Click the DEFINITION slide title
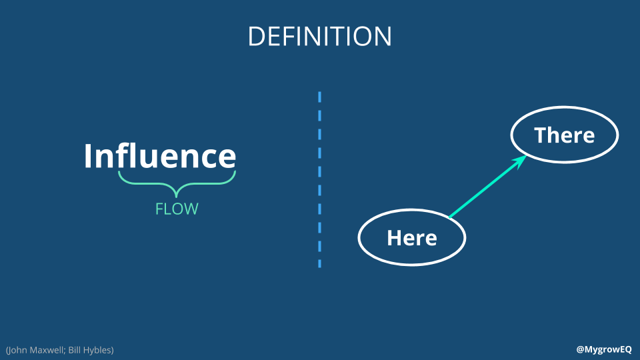click(x=319, y=36)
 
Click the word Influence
click(x=160, y=155)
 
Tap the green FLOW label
click(x=177, y=209)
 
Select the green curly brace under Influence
click(x=177, y=183)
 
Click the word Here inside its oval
click(x=412, y=238)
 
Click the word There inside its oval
click(x=565, y=135)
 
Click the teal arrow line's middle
click(x=487, y=187)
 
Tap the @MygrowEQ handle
click(x=604, y=349)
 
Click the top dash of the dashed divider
click(x=319, y=97)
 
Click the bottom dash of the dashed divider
click(x=319, y=264)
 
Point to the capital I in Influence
click(x=88, y=156)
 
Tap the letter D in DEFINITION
click(x=255, y=36)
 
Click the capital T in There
click(x=541, y=135)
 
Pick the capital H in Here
click(x=394, y=238)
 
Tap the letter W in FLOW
click(x=190, y=209)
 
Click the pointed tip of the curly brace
click(x=176, y=197)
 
